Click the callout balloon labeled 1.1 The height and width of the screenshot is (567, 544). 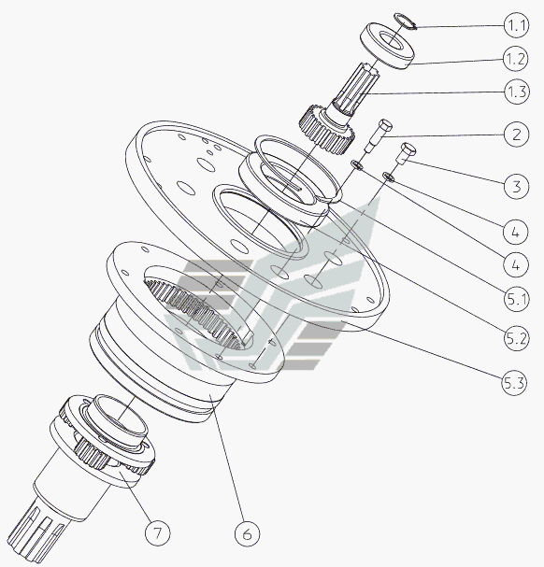pyautogui.click(x=517, y=25)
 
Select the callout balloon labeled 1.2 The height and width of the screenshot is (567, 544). pyautogui.click(x=516, y=59)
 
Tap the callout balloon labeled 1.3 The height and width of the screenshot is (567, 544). pyautogui.click(x=517, y=92)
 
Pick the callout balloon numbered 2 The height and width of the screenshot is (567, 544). pyautogui.click(x=516, y=135)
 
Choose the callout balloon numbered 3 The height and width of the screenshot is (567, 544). pyautogui.click(x=516, y=187)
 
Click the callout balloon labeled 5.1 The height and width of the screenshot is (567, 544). pyautogui.click(x=517, y=300)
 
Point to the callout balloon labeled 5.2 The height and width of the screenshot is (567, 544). pyautogui.click(x=517, y=339)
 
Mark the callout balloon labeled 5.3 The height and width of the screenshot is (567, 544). pyautogui.click(x=514, y=383)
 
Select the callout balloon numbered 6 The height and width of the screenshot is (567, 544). pyautogui.click(x=247, y=533)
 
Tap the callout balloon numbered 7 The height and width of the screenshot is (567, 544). pyautogui.click(x=157, y=533)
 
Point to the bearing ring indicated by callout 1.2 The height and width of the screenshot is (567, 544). pyautogui.click(x=387, y=46)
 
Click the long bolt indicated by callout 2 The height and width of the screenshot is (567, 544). pyautogui.click(x=379, y=136)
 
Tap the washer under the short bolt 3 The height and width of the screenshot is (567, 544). pyautogui.click(x=389, y=177)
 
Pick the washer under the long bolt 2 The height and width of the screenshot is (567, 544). pyautogui.click(x=356, y=164)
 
